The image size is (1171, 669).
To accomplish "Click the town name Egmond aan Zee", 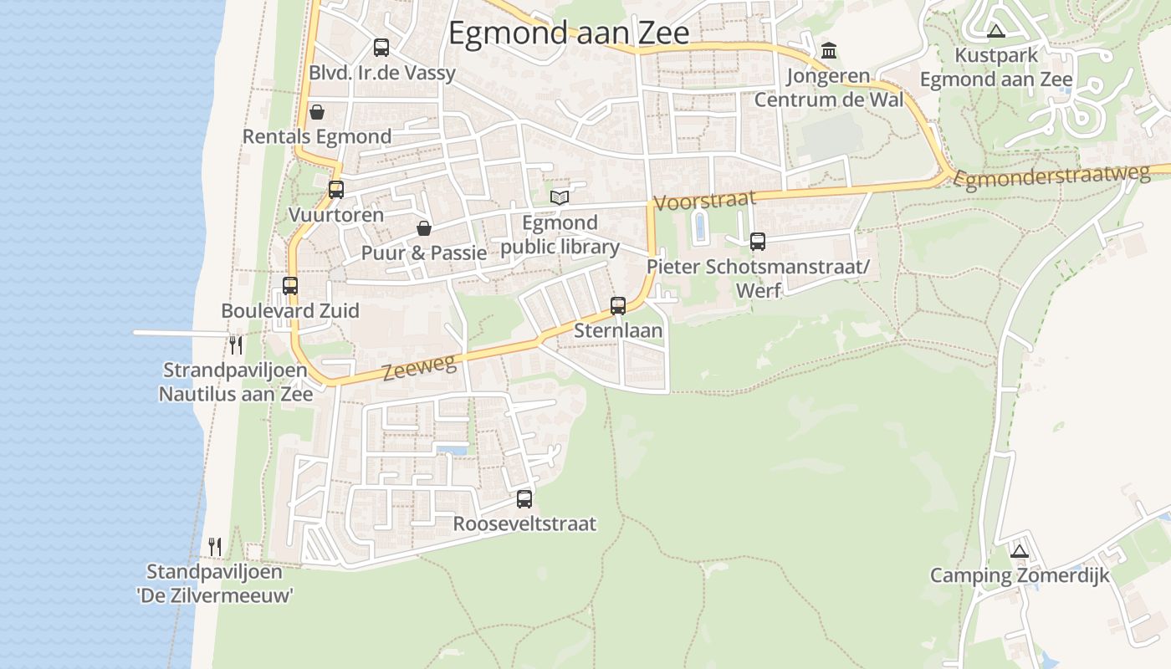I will [569, 33].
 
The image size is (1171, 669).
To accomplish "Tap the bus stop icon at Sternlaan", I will [618, 306].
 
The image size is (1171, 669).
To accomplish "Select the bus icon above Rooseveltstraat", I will [524, 499].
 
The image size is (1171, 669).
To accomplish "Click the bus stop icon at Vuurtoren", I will [336, 190].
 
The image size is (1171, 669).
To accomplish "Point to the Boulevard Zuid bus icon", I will [290, 286].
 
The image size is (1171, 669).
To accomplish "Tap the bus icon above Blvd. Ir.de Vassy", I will [381, 48].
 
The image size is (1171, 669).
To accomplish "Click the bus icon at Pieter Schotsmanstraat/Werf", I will [758, 242].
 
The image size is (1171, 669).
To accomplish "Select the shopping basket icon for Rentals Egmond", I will [317, 112].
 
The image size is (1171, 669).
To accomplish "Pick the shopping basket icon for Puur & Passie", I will [424, 228].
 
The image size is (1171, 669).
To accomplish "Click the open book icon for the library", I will [560, 197].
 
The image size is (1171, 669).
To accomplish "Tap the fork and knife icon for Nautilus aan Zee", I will [236, 345].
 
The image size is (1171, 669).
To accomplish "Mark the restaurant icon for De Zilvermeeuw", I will [215, 547].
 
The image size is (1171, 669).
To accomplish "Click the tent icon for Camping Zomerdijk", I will [1019, 551].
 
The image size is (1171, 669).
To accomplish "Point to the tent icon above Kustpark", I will [995, 32].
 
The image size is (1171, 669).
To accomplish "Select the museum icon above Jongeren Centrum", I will [829, 51].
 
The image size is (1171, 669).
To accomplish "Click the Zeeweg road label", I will [420, 367].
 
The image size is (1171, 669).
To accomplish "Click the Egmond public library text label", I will [560, 235].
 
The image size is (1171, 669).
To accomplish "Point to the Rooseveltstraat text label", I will [524, 524].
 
